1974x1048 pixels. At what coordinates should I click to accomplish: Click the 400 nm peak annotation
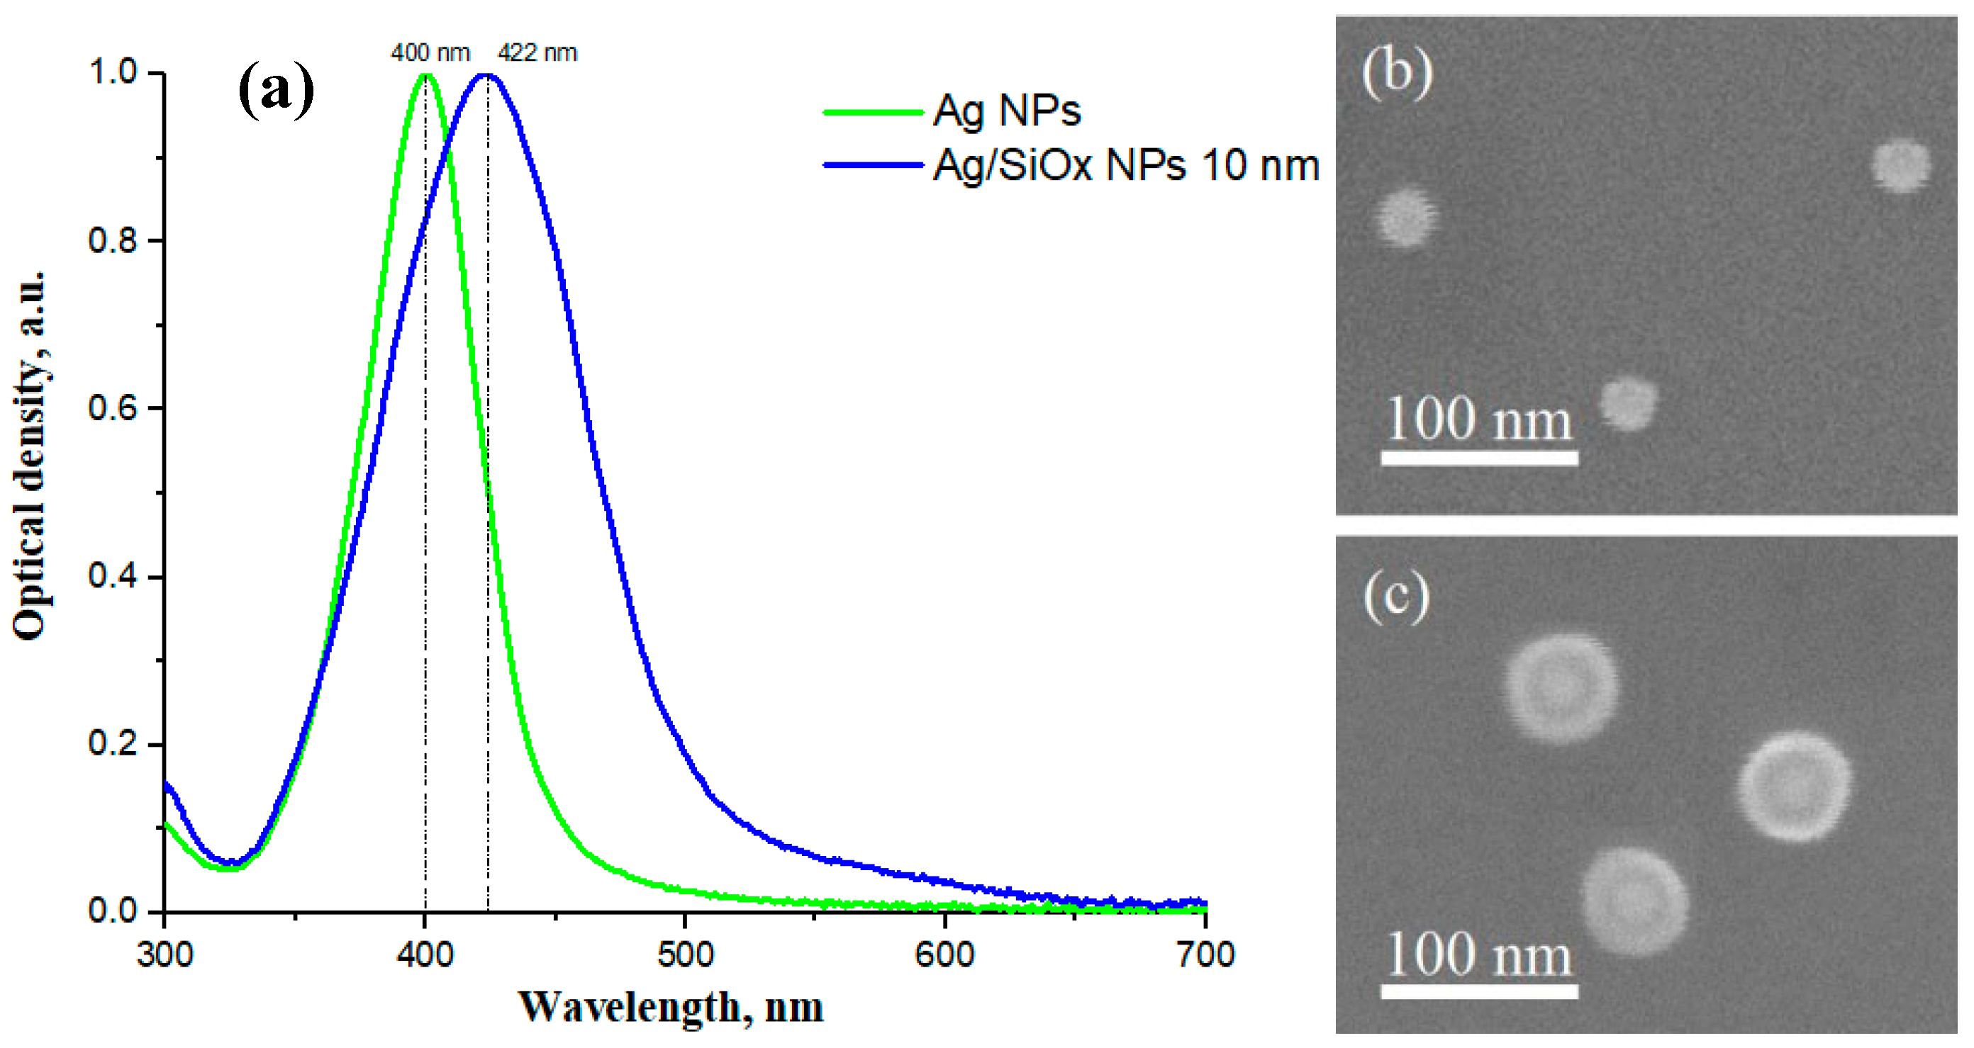(x=430, y=53)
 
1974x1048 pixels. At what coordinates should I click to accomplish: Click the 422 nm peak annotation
(x=537, y=53)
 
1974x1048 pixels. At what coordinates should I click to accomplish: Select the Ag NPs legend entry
(x=1006, y=111)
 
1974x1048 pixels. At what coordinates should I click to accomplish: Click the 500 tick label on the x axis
(x=685, y=954)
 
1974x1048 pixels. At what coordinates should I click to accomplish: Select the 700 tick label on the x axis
(x=1205, y=954)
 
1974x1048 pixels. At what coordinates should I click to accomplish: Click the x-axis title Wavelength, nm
(x=671, y=1008)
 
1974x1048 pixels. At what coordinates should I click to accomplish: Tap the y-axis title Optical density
(x=29, y=456)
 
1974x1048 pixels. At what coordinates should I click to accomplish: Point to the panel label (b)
(x=1397, y=73)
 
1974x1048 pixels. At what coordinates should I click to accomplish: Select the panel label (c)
(x=1396, y=597)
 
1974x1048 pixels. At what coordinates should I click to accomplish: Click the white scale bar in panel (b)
(x=1479, y=458)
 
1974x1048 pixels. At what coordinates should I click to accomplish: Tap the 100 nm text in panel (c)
(x=1479, y=954)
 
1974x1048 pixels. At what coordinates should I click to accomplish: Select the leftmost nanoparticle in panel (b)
(x=1405, y=218)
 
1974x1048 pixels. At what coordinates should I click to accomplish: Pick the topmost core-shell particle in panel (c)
(x=1561, y=687)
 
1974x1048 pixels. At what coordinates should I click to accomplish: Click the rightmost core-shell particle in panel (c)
(x=1793, y=786)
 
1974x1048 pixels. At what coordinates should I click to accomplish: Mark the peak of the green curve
(x=426, y=74)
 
